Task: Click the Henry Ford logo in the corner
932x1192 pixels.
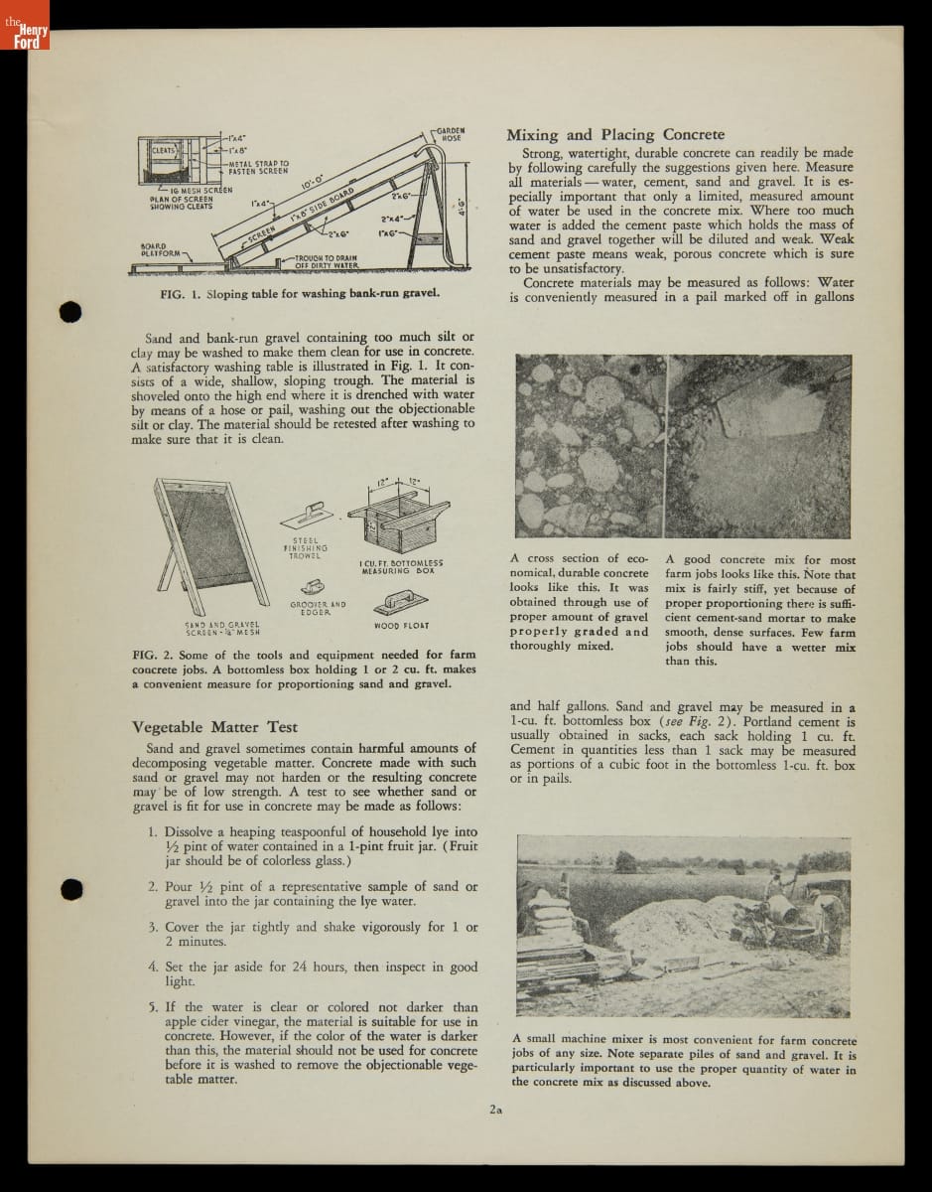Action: pyautogui.click(x=26, y=37)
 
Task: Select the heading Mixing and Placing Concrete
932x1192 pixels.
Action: pyautogui.click(x=615, y=135)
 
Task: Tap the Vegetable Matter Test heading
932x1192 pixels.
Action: pyautogui.click(x=214, y=726)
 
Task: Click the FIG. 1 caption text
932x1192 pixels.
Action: pyautogui.click(x=300, y=294)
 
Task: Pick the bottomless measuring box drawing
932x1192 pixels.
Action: pyautogui.click(x=395, y=521)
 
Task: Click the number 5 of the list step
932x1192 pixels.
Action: pyautogui.click(x=153, y=1006)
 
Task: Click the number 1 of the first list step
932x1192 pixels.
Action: pyautogui.click(x=153, y=831)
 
